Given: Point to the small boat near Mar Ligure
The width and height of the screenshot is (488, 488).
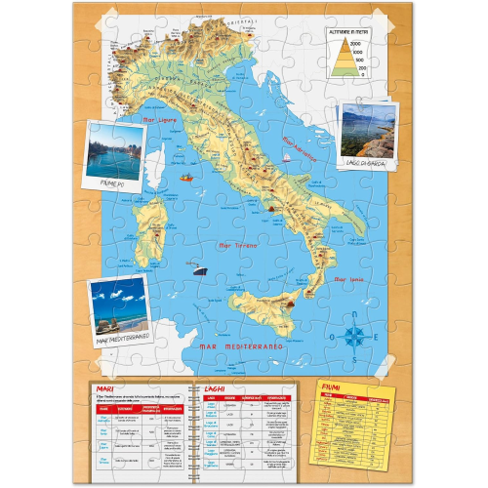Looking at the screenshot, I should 185,179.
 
